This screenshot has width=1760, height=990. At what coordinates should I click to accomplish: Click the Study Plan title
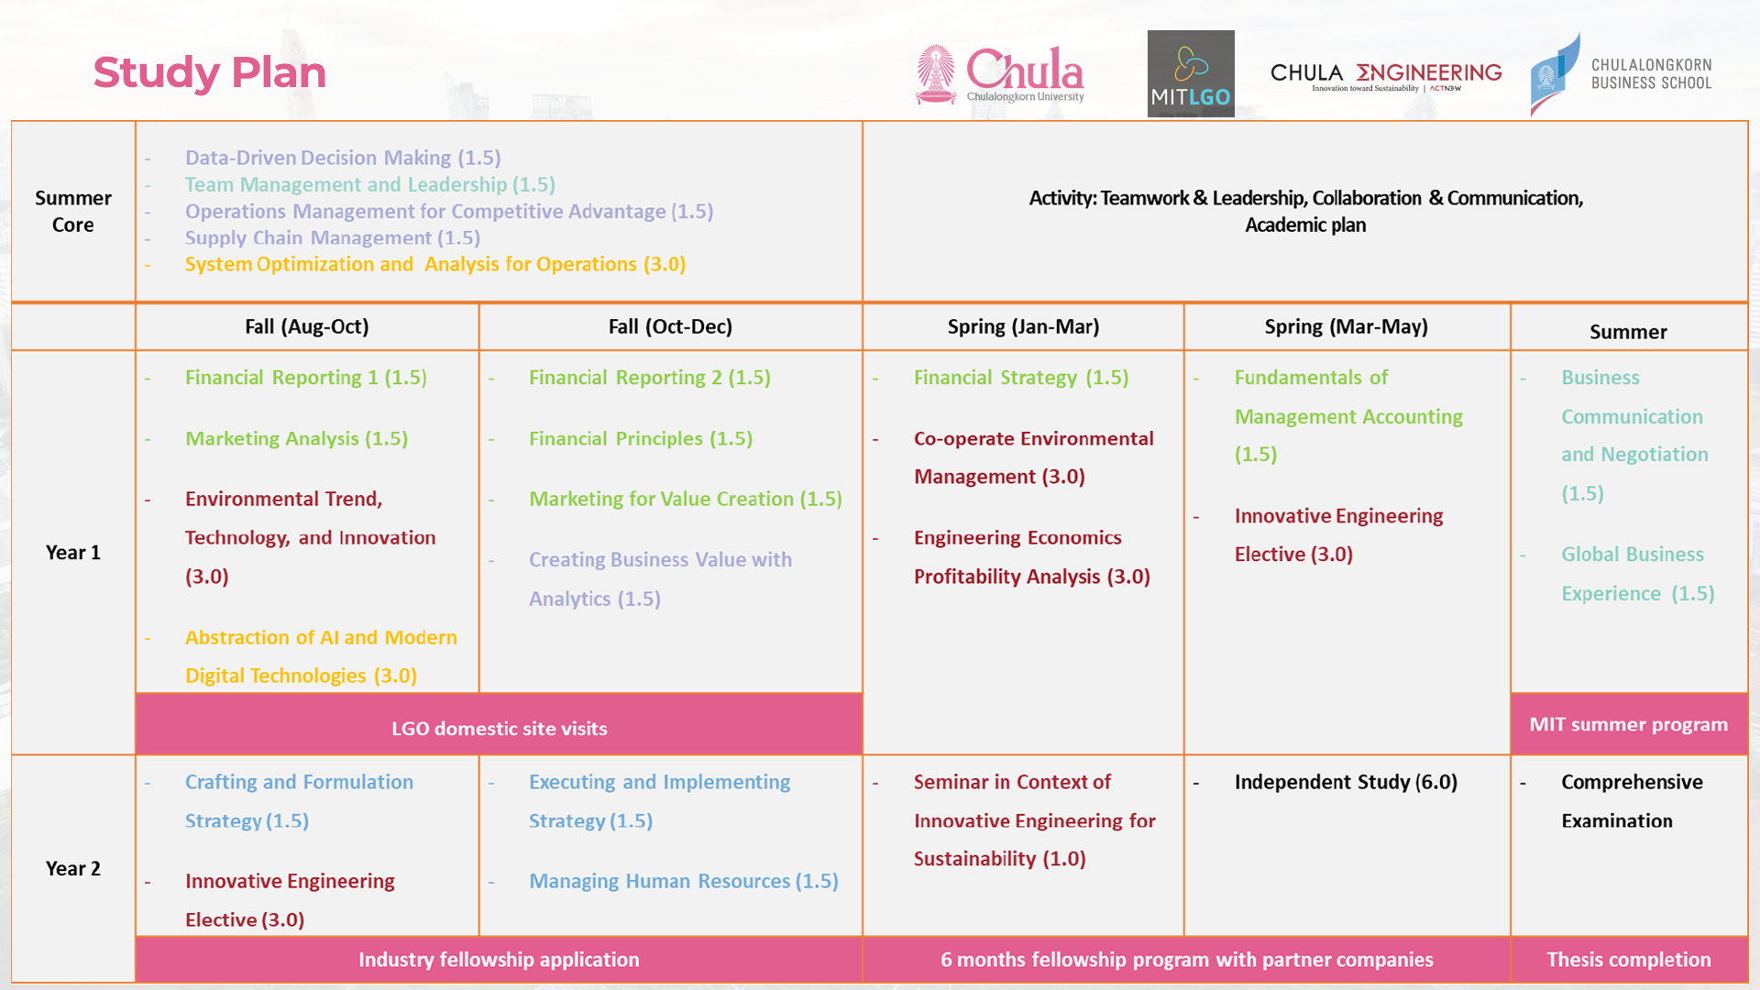[x=209, y=72]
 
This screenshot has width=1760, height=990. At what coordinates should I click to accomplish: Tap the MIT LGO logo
[x=1190, y=73]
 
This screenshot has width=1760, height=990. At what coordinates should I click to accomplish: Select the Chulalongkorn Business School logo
[x=1621, y=74]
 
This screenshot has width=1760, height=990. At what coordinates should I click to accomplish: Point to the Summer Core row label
[x=73, y=211]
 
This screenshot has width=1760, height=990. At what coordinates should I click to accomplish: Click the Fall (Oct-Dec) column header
[x=670, y=326]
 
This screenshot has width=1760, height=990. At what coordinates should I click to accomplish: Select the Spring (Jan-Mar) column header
[x=1023, y=326]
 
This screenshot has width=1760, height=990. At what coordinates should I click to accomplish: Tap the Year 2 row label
[x=73, y=868]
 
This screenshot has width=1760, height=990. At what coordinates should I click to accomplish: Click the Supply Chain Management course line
[x=332, y=237]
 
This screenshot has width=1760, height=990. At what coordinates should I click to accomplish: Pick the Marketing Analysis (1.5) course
[x=296, y=438]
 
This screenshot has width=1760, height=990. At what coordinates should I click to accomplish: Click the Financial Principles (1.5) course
[x=640, y=438]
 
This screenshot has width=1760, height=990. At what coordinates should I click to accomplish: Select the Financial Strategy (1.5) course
[x=1020, y=378]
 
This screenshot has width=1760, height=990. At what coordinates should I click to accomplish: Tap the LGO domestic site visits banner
[x=499, y=728]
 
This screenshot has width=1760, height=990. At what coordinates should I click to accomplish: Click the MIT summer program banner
[x=1628, y=724]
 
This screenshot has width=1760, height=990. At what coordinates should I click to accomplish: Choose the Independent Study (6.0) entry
[x=1345, y=782]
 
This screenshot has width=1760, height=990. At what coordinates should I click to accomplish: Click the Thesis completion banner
[x=1628, y=959]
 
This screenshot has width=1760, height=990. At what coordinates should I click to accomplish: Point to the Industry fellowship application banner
[x=499, y=959]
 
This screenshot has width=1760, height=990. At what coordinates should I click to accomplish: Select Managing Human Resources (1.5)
[x=683, y=881]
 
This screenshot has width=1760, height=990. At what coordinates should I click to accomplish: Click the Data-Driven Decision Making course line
[x=342, y=158]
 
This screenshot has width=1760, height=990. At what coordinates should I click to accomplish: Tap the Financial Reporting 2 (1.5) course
[x=649, y=378]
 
